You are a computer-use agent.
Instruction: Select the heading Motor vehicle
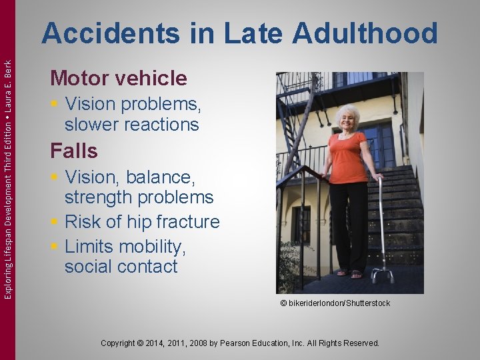click(119, 79)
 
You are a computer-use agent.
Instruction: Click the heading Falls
click(73, 151)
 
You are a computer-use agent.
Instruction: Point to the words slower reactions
click(131, 125)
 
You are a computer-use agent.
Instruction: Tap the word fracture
click(189, 222)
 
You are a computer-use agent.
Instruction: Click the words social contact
click(121, 267)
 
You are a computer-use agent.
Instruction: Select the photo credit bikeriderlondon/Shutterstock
click(335, 303)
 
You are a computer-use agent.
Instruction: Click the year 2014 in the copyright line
click(169, 343)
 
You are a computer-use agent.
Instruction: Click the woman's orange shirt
click(348, 157)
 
